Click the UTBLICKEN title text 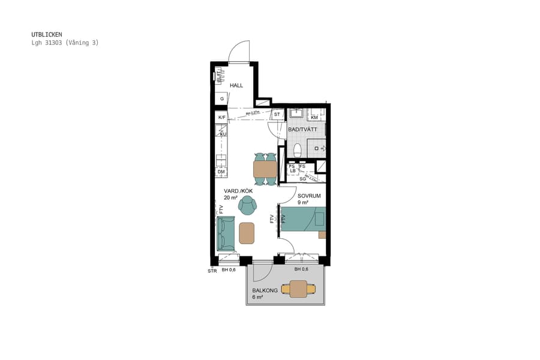pyautogui.click(x=46, y=35)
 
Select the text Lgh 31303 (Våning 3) pyautogui.click(x=65, y=43)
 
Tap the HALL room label pyautogui.click(x=236, y=85)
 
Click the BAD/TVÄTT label pyautogui.click(x=302, y=130)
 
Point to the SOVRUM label pyautogui.click(x=309, y=196)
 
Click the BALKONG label pyautogui.click(x=265, y=290)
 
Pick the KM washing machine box pyautogui.click(x=314, y=117)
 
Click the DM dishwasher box pyautogui.click(x=221, y=172)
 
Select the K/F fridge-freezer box pyautogui.click(x=222, y=117)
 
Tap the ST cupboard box pyautogui.click(x=277, y=114)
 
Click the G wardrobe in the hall pyautogui.click(x=221, y=98)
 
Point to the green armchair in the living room pyautogui.click(x=247, y=206)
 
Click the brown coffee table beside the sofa pyautogui.click(x=247, y=233)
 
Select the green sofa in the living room pyautogui.click(x=226, y=234)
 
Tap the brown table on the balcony pyautogui.click(x=298, y=289)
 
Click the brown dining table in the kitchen pyautogui.click(x=265, y=169)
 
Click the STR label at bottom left pyautogui.click(x=212, y=271)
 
